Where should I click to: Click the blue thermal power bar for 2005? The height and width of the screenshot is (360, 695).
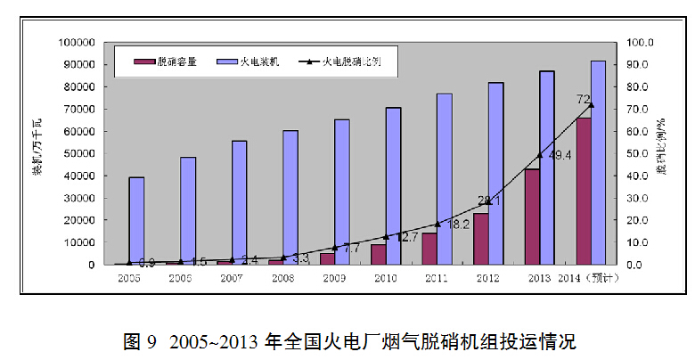pos(136,220)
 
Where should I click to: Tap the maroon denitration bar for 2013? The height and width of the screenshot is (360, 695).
pos(532,217)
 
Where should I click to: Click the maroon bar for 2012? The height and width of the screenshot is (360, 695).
pos(481,239)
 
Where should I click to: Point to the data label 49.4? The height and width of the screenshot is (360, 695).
pos(559,156)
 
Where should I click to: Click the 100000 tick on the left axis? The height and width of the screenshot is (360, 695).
pos(78,42)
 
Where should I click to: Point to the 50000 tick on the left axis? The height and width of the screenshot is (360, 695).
pos(80,153)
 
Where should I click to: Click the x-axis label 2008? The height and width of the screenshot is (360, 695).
pos(282,279)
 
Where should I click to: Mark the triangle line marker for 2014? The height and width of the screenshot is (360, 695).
pos(591,105)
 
